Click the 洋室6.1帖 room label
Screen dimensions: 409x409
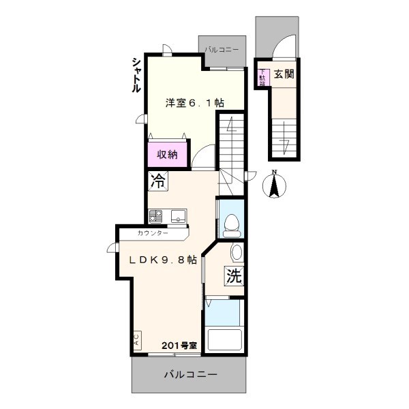coord(195,103)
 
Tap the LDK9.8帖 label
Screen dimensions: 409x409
coord(163,260)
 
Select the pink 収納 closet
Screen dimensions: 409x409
coord(168,155)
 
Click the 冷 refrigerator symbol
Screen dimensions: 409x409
coord(158,181)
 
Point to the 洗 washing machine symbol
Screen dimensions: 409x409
coord(234,276)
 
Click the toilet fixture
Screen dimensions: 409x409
coord(231,226)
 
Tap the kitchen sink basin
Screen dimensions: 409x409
coord(179,216)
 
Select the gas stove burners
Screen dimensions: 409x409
coord(155,216)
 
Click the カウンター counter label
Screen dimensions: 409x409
coord(153,233)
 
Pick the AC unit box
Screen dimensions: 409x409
coord(137,340)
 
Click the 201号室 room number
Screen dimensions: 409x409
coord(179,346)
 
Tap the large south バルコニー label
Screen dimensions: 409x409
coord(191,375)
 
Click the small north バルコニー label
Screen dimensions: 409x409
coord(222,50)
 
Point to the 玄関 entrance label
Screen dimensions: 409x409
coord(284,74)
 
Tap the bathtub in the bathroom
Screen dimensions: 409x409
coord(224,340)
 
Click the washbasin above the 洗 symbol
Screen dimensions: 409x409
coord(237,252)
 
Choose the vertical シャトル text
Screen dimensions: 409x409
coord(137,75)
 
